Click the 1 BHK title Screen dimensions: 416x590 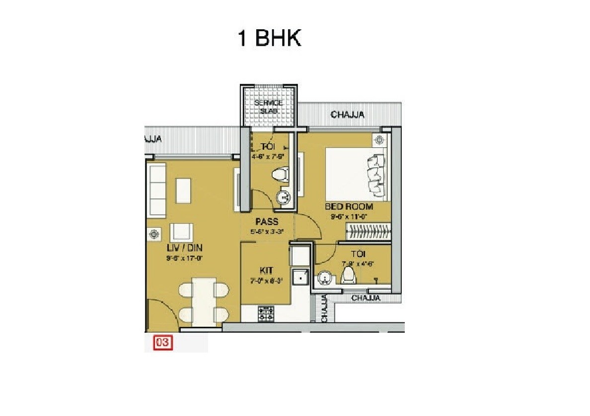pos(270,38)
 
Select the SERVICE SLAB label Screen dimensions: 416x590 pos(268,107)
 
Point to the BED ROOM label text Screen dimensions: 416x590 pos(349,206)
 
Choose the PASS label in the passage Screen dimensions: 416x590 pos(267,221)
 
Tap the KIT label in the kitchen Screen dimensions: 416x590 pos(266,270)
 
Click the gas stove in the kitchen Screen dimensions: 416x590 pos(266,312)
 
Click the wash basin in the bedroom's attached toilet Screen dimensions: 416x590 pos(324,279)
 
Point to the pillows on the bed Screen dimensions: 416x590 pos(375,174)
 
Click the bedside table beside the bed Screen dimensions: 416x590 pos(380,140)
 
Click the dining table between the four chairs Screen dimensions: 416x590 pos(204,301)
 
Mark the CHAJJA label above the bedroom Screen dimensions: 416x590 pos(348,115)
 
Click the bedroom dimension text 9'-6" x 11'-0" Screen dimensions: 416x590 pos(349,216)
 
